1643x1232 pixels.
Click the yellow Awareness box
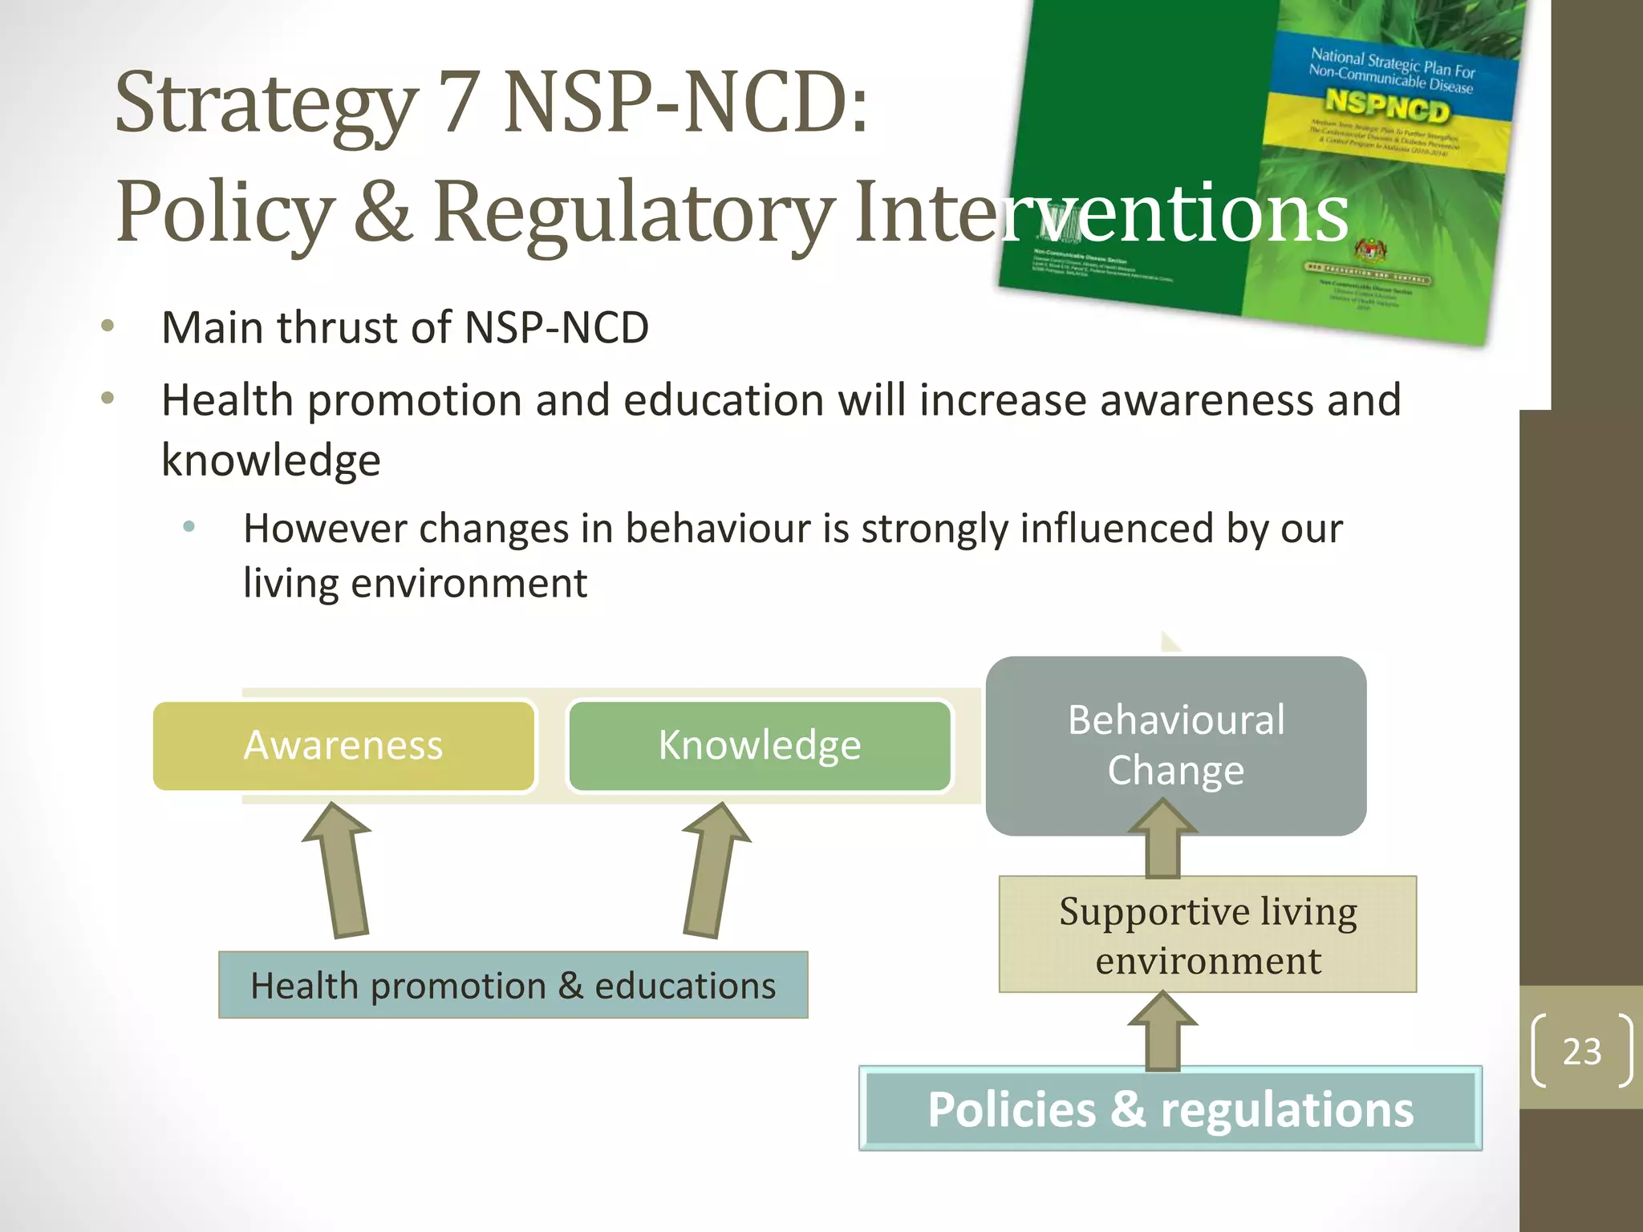[343, 746]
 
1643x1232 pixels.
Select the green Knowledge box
[759, 746]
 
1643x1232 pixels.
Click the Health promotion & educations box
[513, 985]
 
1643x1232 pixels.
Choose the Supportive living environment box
[1207, 934]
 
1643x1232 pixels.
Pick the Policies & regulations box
[1170, 1108]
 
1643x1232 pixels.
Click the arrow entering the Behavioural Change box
[1162, 842]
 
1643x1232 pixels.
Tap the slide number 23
[1581, 1052]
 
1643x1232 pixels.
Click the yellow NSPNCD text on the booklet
[1387, 107]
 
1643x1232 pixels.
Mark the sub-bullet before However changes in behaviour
[189, 527]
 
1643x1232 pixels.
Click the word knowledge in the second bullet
[271, 460]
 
